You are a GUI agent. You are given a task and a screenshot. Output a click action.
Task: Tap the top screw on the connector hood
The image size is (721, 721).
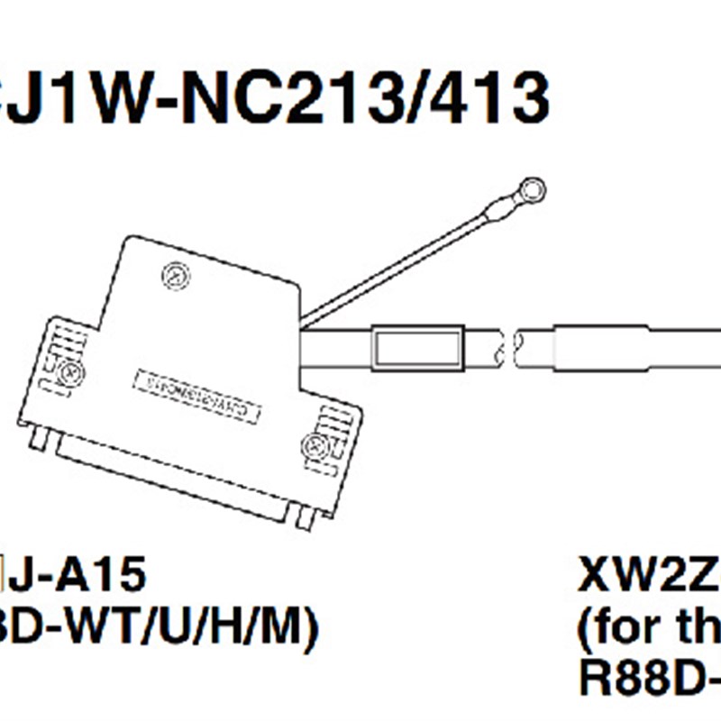click(x=174, y=276)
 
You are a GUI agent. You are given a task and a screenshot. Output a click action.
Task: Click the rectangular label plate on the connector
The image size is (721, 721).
click(x=196, y=397)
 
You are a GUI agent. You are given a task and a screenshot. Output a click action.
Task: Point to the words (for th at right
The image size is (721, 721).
click(x=649, y=629)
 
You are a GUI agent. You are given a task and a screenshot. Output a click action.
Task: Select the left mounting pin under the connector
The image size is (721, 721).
click(x=37, y=437)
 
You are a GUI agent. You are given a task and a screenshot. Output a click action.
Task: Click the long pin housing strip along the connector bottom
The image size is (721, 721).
click(x=171, y=482)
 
